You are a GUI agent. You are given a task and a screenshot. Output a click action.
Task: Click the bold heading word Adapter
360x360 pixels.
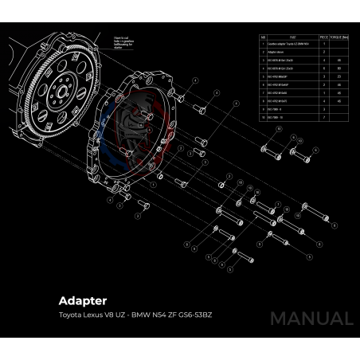tap(83, 302)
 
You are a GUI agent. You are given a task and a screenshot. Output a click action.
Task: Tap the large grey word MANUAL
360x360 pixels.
tap(311, 319)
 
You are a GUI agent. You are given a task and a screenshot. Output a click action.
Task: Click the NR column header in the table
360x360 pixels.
tap(264, 37)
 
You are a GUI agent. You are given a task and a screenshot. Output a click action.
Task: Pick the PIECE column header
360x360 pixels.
tap(324, 37)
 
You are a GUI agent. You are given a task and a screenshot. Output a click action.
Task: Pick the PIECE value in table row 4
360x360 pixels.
tap(324, 68)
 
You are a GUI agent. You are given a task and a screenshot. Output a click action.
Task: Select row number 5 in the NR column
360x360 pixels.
tap(264, 76)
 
